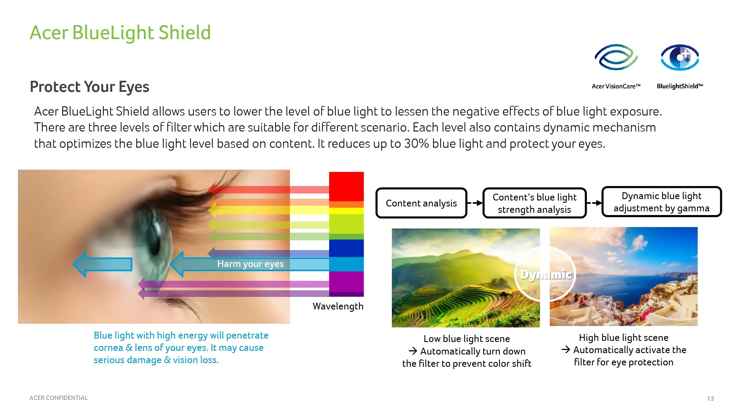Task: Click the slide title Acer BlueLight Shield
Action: pos(120,33)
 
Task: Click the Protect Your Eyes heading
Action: pos(89,87)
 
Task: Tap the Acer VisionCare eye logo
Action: pos(616,57)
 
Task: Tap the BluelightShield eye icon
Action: pos(680,57)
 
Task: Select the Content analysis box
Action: pos(421,203)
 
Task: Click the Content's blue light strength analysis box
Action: pos(534,203)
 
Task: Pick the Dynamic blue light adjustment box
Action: pos(661,201)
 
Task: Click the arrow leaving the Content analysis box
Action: pos(475,203)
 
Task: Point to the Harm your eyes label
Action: pos(250,264)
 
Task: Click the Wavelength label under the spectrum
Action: pos(338,306)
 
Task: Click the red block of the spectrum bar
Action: pos(346,187)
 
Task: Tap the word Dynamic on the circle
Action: pos(546,275)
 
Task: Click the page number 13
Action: pos(710,398)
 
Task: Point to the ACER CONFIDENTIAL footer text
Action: pos(58,398)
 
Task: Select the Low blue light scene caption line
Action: pos(467,339)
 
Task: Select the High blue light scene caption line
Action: pos(624,337)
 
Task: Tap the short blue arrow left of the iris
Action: pos(102,264)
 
